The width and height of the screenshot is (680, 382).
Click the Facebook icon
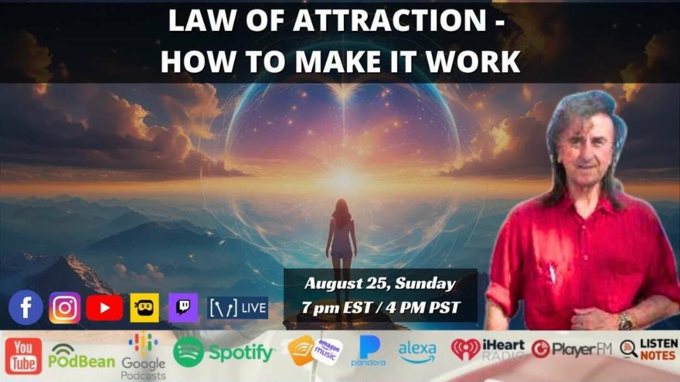point(26,307)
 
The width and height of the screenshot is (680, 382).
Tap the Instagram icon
point(65,307)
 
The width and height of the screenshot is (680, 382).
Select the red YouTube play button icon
point(104,308)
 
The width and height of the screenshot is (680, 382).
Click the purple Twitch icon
point(183,307)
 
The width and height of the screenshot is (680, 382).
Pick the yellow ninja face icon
point(144,307)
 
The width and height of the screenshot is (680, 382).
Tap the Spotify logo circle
point(188,352)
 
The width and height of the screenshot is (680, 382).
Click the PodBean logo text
point(82,362)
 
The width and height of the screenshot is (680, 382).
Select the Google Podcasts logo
point(143,356)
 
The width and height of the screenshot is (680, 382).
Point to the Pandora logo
point(369,350)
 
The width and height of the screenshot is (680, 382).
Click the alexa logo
point(417,352)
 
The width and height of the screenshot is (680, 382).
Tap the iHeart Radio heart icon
point(465,350)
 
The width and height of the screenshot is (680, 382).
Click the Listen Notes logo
point(650,349)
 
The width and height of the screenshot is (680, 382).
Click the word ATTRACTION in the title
point(389,20)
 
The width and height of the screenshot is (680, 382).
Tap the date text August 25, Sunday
point(380,284)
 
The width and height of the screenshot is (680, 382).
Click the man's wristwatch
point(625,322)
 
